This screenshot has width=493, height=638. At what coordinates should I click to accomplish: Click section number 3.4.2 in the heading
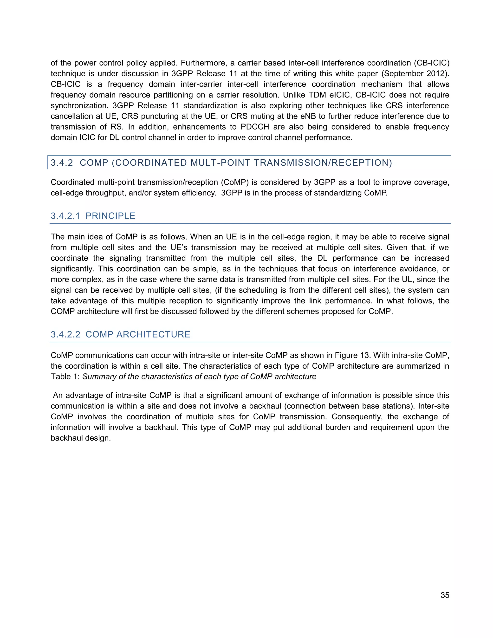click(62, 163)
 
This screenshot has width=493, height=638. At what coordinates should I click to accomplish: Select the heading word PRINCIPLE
click(110, 216)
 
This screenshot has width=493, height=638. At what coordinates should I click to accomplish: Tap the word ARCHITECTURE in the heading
click(153, 334)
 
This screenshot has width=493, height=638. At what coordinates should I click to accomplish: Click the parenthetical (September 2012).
click(415, 73)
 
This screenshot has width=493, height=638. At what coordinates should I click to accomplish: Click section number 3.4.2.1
click(65, 216)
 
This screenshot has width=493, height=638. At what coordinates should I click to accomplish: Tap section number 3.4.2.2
click(65, 334)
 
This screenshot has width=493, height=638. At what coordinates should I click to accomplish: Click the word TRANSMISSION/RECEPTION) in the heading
click(323, 163)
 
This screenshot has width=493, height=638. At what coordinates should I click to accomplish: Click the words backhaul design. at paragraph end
click(81, 438)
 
